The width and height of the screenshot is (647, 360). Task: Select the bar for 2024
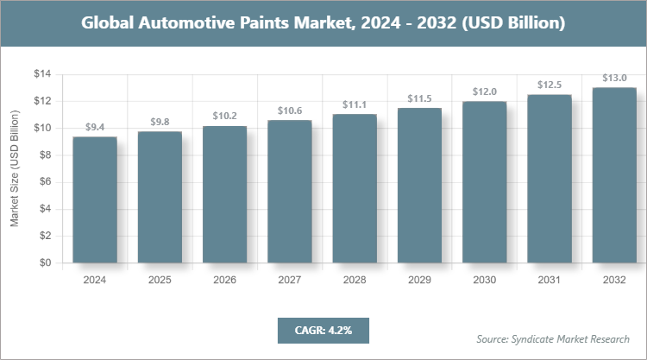pos(95,199)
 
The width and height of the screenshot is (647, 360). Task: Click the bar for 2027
pos(289,191)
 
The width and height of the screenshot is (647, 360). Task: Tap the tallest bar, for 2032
pos(614,175)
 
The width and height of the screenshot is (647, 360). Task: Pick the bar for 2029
pos(419,185)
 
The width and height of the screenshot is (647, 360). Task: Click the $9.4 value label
pos(95,127)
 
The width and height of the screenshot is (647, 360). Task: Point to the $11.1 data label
pos(355,104)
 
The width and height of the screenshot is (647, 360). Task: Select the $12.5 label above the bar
pos(550,85)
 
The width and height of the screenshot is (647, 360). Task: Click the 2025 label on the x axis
pos(160,280)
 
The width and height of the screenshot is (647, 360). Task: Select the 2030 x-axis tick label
pos(484,280)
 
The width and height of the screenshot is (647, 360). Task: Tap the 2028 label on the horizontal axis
pos(355,280)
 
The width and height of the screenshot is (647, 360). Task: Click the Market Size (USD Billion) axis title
pos(15,168)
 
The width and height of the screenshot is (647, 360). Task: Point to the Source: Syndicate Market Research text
pos(553,338)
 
